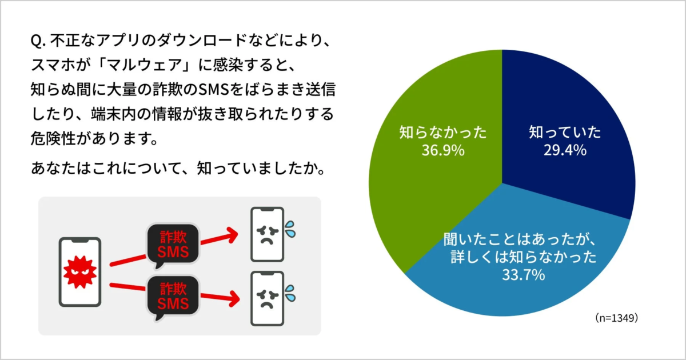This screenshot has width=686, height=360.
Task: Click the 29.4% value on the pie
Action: click(565, 150)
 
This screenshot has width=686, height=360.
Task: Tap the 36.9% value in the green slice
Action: click(443, 151)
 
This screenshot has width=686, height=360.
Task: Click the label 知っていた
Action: click(565, 133)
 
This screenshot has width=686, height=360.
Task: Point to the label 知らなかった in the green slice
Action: click(443, 133)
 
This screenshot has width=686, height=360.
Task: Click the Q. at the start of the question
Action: click(39, 42)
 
